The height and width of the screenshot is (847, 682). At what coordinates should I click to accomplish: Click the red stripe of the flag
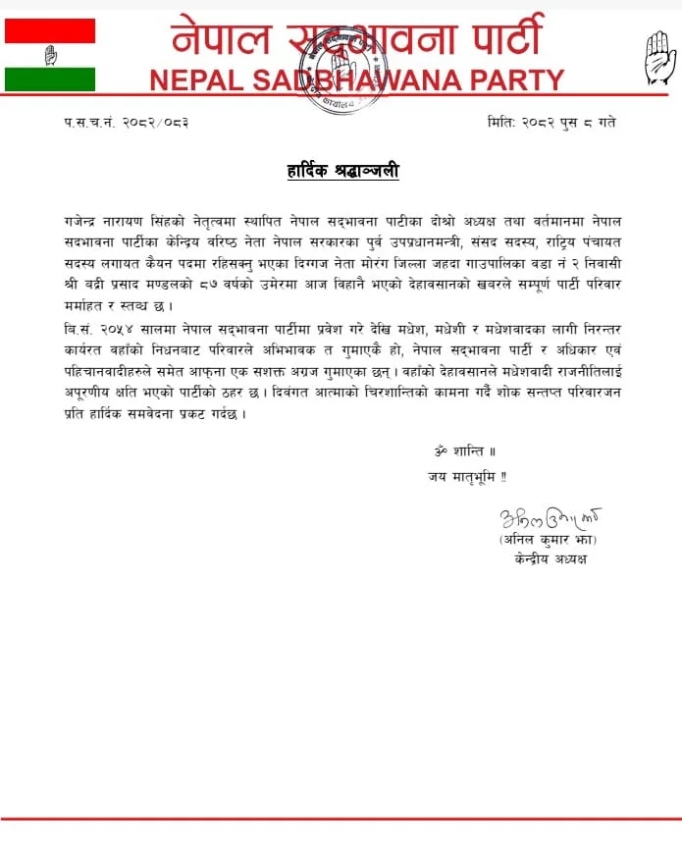point(50,30)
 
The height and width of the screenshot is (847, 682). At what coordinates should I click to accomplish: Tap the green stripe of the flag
point(50,79)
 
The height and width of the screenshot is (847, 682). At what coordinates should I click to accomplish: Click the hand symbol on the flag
point(50,55)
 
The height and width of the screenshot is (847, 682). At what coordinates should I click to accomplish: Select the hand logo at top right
point(659,58)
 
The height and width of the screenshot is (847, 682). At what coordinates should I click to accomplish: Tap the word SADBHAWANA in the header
point(349,80)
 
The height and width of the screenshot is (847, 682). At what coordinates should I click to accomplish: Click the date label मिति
point(499,123)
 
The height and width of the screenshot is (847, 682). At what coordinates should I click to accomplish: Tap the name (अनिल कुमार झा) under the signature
point(547,541)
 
